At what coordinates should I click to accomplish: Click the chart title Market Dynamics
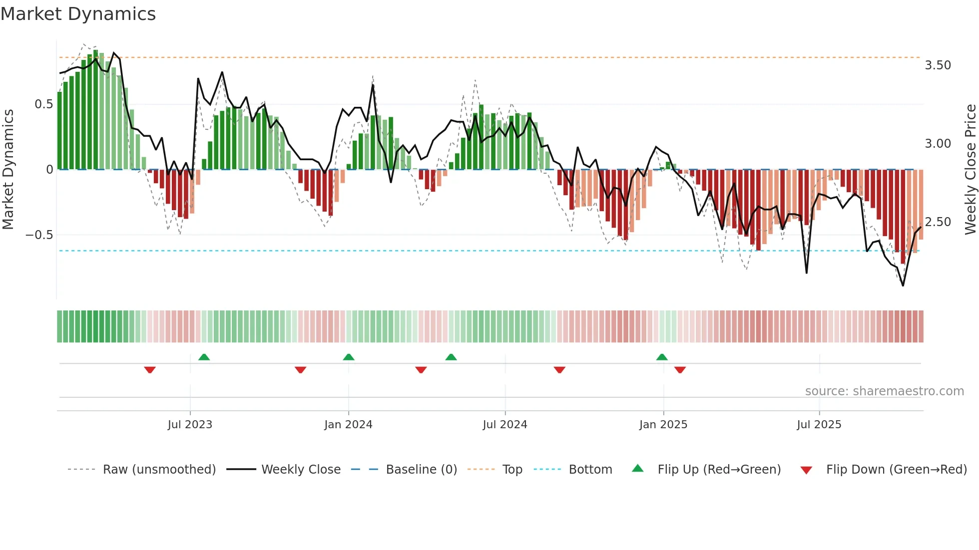pyautogui.click(x=78, y=14)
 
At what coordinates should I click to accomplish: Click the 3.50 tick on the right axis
pyautogui.click(x=938, y=65)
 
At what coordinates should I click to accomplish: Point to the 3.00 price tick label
pyautogui.click(x=938, y=144)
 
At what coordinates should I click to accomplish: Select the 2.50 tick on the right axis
pyautogui.click(x=938, y=222)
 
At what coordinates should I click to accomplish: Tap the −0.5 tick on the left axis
pyautogui.click(x=39, y=235)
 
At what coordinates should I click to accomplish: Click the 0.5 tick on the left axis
pyautogui.click(x=43, y=104)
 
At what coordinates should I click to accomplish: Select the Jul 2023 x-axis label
pyautogui.click(x=190, y=425)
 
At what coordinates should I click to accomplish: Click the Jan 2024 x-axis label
pyautogui.click(x=348, y=425)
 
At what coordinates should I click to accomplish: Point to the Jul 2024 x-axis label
pyautogui.click(x=505, y=425)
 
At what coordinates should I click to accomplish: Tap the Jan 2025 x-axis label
pyautogui.click(x=663, y=425)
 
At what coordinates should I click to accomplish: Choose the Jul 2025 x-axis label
pyautogui.click(x=819, y=425)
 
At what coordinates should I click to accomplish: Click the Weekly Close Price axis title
pyautogui.click(x=970, y=169)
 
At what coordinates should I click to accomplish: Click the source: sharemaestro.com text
pyautogui.click(x=884, y=391)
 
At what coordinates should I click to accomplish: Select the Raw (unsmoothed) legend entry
pyautogui.click(x=159, y=470)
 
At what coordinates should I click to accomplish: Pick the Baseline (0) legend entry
pyautogui.click(x=421, y=470)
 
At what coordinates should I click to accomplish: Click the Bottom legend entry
pyautogui.click(x=590, y=470)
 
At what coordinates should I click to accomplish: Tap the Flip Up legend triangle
pyautogui.click(x=638, y=469)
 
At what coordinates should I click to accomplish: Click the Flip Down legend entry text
pyautogui.click(x=896, y=470)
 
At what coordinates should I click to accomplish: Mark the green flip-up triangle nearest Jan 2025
pyautogui.click(x=662, y=357)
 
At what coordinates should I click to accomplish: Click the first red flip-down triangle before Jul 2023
pyautogui.click(x=150, y=370)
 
